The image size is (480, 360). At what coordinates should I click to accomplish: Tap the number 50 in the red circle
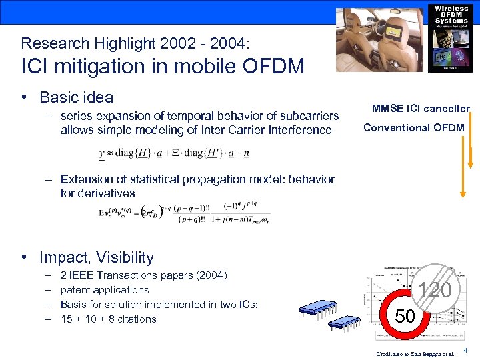point(405,317)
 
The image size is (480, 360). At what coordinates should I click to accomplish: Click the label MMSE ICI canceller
point(421,109)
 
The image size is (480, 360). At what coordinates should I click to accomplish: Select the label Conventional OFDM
point(414,127)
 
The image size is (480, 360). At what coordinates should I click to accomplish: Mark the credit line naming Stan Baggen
point(415,353)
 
